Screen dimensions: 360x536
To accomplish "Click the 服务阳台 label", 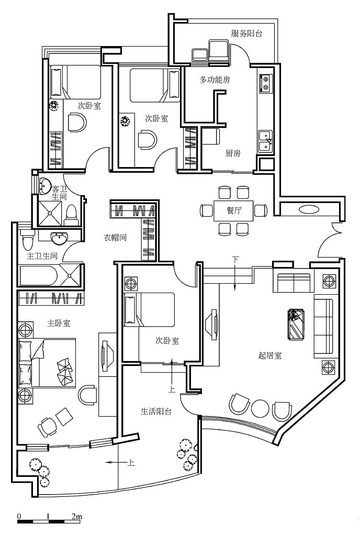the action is point(246,33).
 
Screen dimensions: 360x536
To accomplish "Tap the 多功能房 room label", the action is point(215,80).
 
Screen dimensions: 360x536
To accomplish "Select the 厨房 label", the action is point(233,153).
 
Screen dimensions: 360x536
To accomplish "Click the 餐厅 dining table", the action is point(233,210).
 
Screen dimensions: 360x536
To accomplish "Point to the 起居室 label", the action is point(270,355).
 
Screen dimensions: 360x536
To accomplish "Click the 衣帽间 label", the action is point(115,237).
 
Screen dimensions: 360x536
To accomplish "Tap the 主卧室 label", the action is point(59,323).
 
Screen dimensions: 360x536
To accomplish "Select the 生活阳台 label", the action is point(156,411).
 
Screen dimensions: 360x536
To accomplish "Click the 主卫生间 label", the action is point(42,255).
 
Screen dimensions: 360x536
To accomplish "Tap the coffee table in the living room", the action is point(297,325).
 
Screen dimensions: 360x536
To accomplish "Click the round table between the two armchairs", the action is point(260,408).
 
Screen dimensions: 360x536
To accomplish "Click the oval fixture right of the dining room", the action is point(309,209).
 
